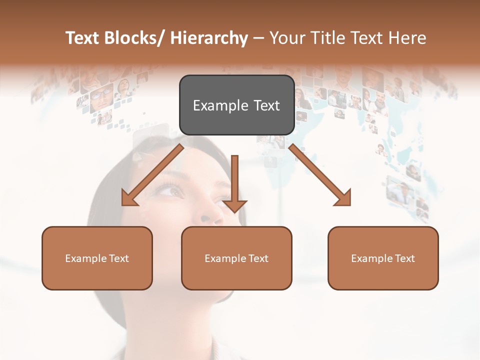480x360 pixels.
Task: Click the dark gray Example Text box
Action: (x=236, y=105)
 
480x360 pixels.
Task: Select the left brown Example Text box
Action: (x=97, y=258)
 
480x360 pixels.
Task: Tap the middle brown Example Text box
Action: (x=236, y=258)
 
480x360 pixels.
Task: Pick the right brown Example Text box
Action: (x=383, y=258)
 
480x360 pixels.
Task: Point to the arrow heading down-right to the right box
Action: (x=320, y=175)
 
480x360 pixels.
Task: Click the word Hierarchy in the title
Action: (x=209, y=38)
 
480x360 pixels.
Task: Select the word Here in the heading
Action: (x=407, y=38)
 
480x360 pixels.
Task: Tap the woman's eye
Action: (x=172, y=190)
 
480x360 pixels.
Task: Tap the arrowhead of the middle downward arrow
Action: (x=234, y=205)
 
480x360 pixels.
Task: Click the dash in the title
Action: (x=258, y=38)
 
